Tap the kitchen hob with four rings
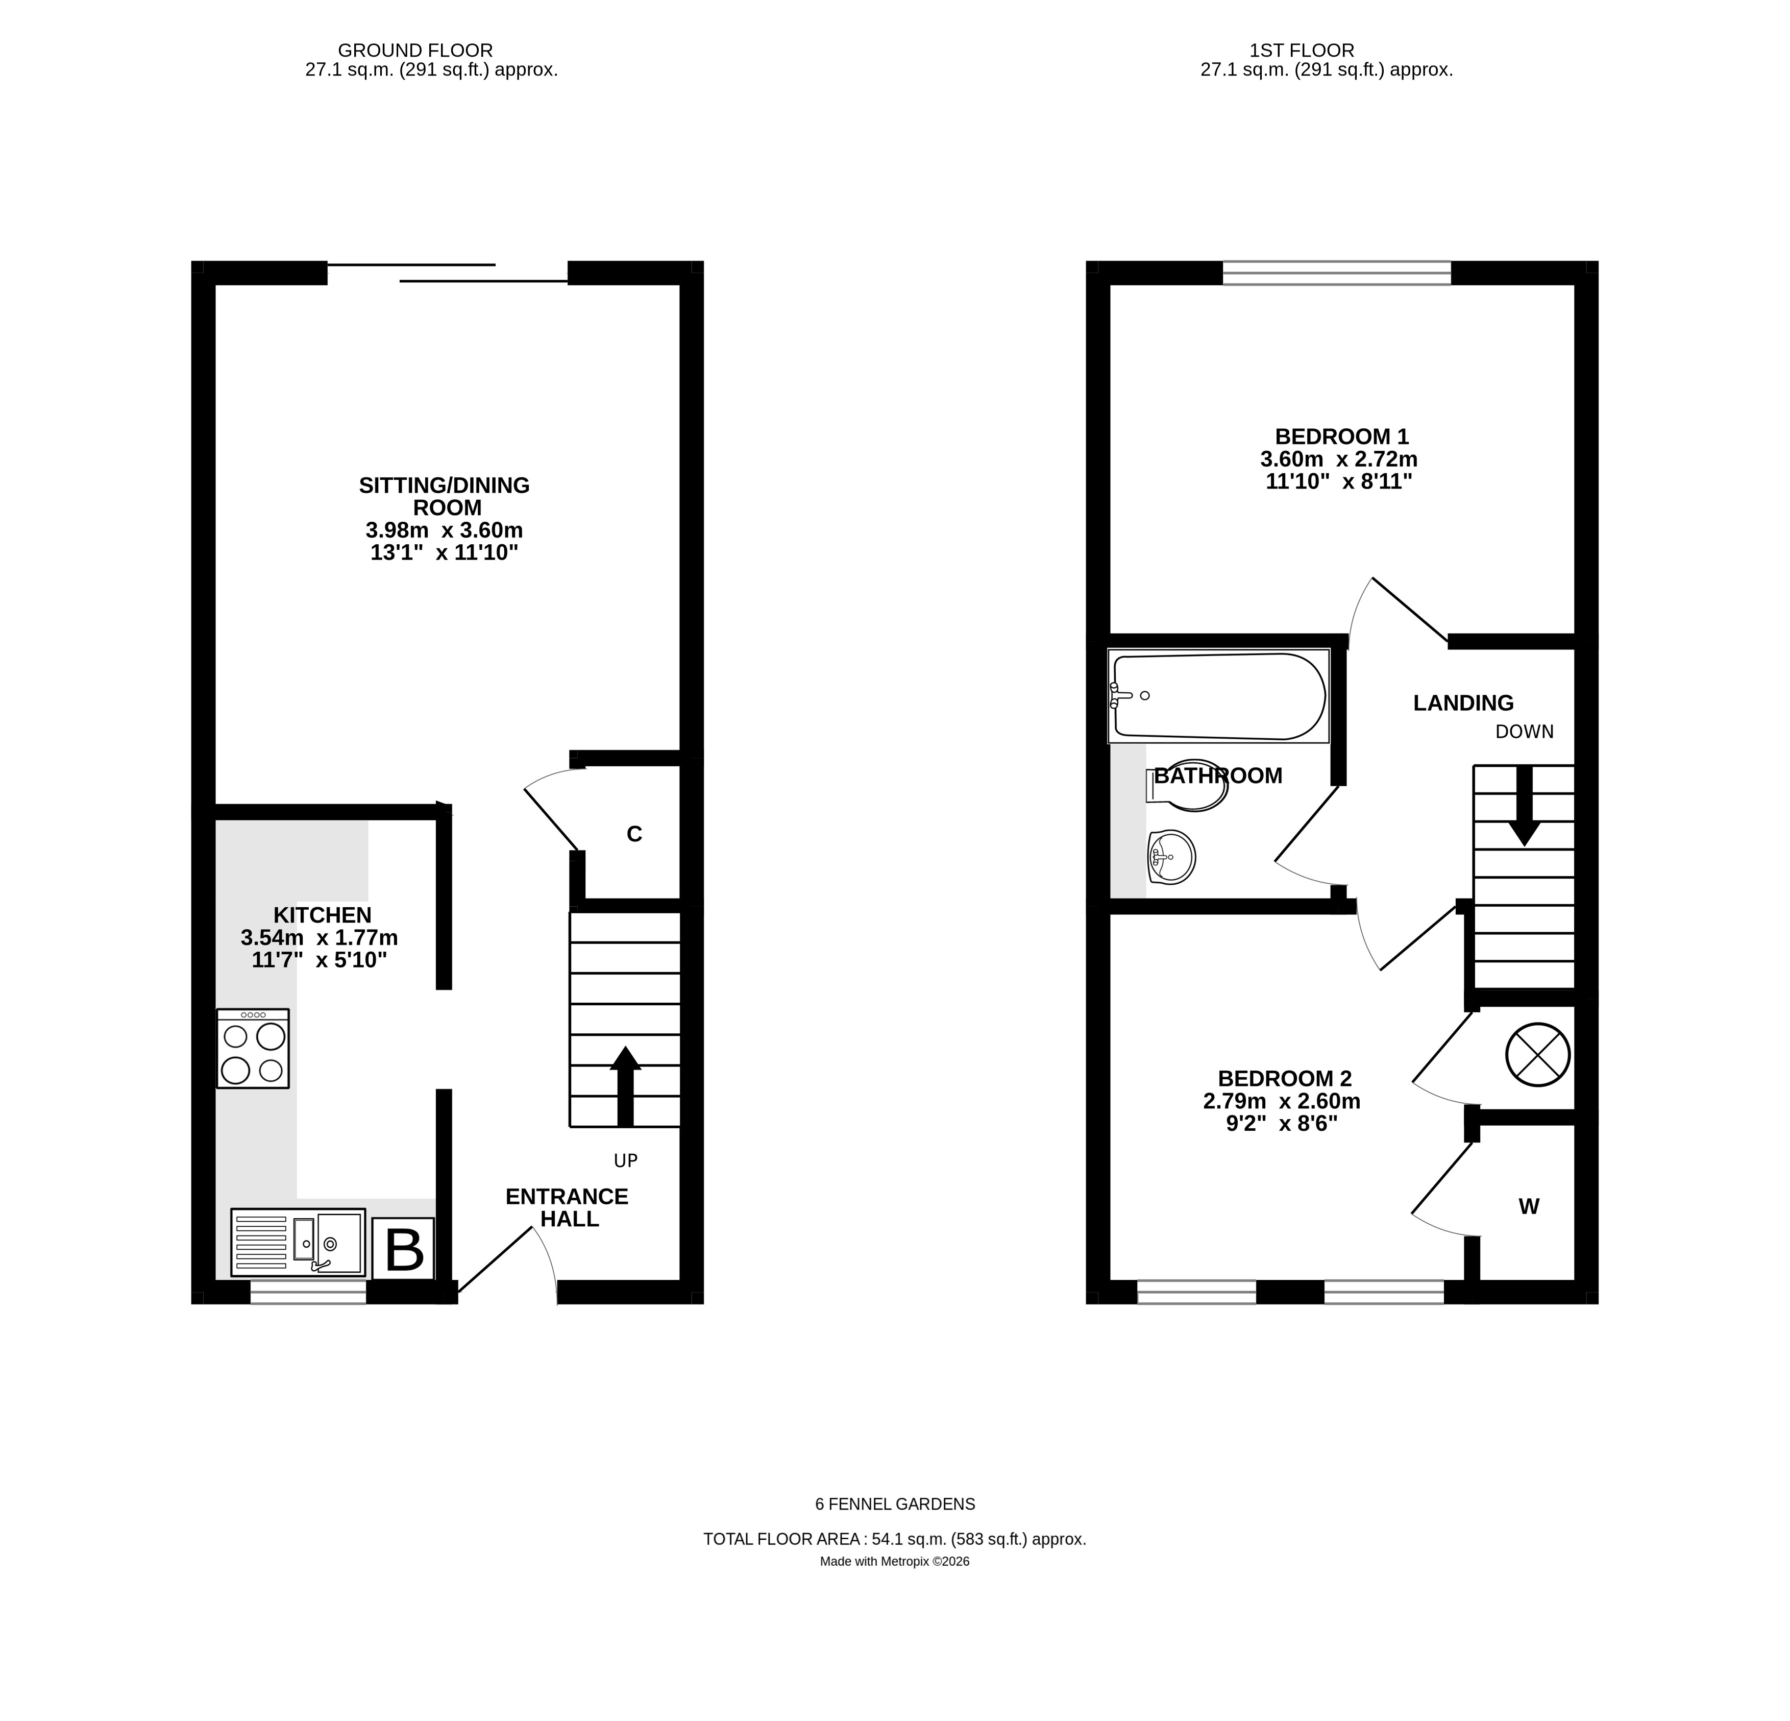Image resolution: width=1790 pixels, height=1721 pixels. point(253,1049)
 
